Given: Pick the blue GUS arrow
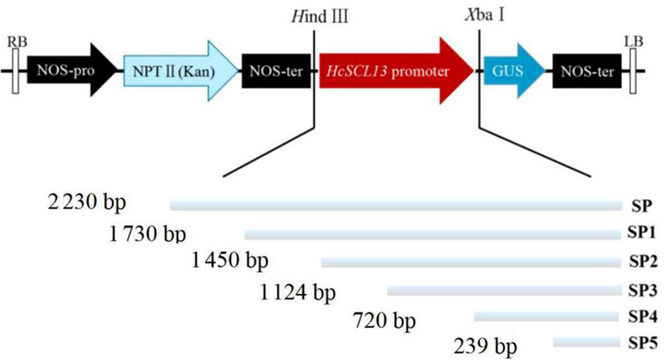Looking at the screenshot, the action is pyautogui.click(x=514, y=71).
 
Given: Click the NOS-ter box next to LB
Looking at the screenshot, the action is pyautogui.click(x=586, y=71).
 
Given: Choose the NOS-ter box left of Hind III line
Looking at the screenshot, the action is pyautogui.click(x=276, y=71).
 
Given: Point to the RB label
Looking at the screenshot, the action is pyautogui.click(x=17, y=41).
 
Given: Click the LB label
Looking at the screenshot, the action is pyautogui.click(x=633, y=41).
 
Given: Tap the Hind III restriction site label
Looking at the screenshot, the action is pyautogui.click(x=319, y=17).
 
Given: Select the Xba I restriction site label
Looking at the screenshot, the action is pyautogui.click(x=485, y=16).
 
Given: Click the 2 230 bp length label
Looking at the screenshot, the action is pyautogui.click(x=87, y=202).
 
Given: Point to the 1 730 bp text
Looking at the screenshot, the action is pyautogui.click(x=147, y=233).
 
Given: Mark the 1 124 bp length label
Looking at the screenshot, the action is pyautogui.click(x=298, y=292).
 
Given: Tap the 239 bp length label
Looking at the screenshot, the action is pyautogui.click(x=486, y=346).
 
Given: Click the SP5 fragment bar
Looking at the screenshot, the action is pyautogui.click(x=586, y=342).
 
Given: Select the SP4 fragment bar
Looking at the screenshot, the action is pyautogui.click(x=546, y=316).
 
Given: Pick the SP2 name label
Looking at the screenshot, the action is pyautogui.click(x=643, y=262).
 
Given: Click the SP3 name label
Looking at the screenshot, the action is pyautogui.click(x=643, y=290).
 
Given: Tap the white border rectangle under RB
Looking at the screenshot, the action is pyautogui.click(x=16, y=71).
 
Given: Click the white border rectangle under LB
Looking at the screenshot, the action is pyautogui.click(x=633, y=71).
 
